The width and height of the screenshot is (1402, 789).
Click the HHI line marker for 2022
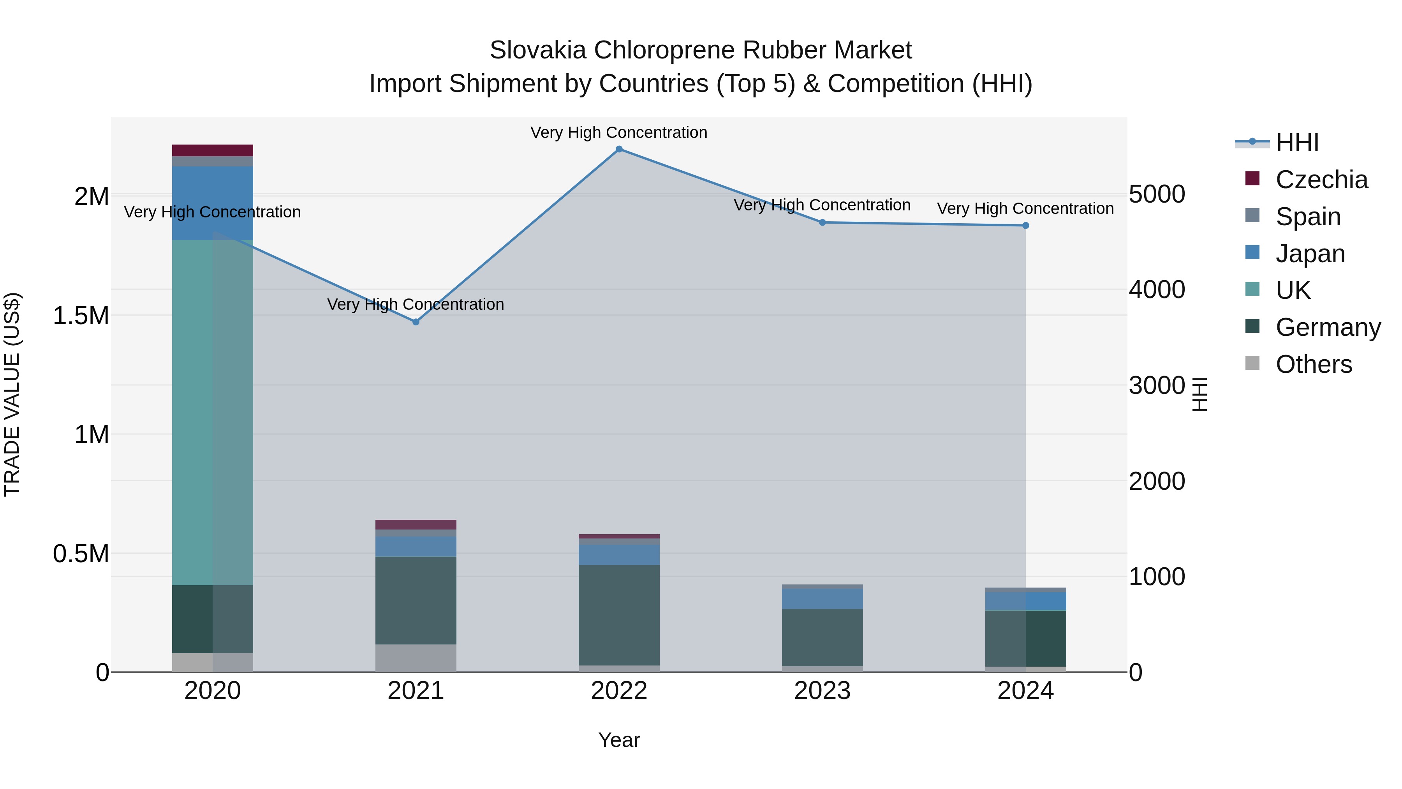point(619,149)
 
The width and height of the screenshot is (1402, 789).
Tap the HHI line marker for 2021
point(416,322)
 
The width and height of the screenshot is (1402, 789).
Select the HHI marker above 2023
point(823,222)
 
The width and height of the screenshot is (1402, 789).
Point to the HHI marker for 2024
point(1025,226)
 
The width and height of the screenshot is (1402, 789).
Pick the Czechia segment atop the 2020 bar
point(212,150)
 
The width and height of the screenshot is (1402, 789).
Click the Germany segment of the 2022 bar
point(619,615)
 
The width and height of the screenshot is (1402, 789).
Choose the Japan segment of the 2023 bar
point(823,598)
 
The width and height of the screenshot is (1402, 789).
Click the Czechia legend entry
point(1321,180)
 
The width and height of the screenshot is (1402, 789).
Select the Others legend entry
point(1313,364)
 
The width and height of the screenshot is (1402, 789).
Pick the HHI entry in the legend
point(1297,143)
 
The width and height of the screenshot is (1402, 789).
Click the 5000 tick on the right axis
point(1157,194)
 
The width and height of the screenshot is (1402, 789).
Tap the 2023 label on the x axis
point(823,691)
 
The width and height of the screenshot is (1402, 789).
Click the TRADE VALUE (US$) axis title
point(12,394)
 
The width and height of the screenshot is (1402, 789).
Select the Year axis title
point(619,740)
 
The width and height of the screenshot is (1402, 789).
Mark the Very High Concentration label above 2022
point(619,132)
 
